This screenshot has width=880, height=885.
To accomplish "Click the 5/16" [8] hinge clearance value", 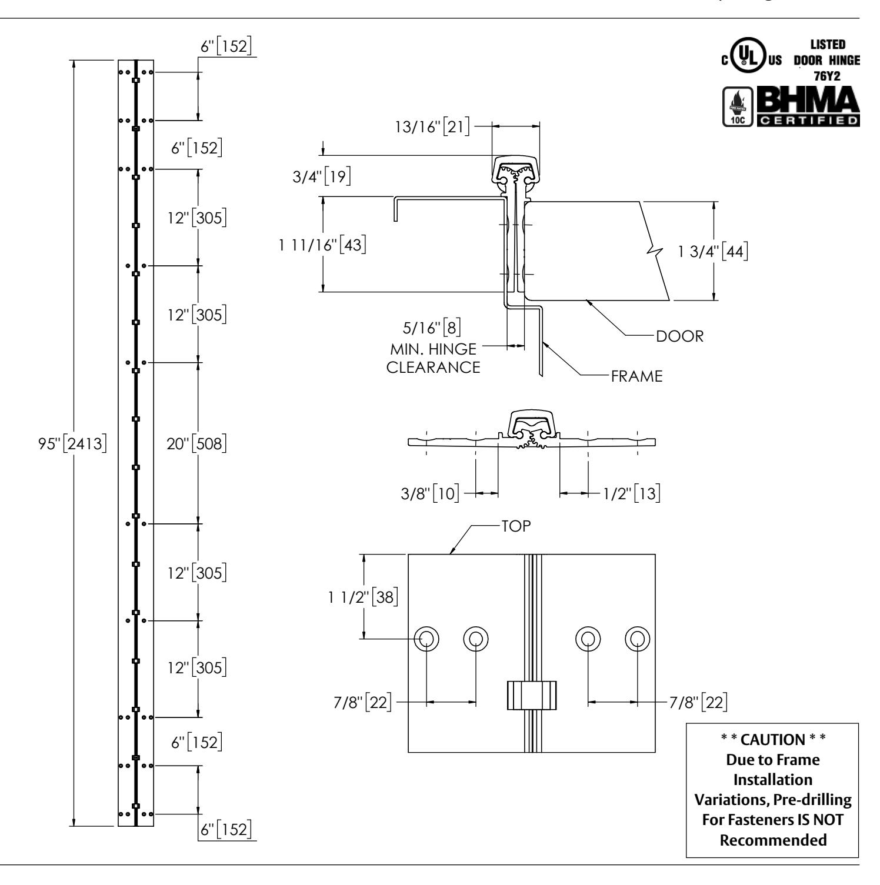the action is coord(441,327).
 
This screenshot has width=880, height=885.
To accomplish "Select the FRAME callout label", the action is coord(637,376).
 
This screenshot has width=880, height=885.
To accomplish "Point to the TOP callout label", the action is coord(516,526).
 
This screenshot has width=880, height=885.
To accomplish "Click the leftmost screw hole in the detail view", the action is coord(426,638).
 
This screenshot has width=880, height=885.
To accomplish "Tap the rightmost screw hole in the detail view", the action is coord(637,638).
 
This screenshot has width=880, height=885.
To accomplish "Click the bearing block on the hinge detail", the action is coord(531,695).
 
